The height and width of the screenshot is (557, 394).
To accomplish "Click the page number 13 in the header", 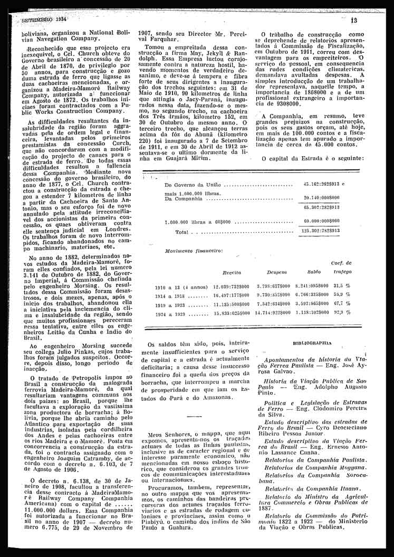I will point(353,20).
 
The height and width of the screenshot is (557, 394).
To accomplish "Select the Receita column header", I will point(232,273).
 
